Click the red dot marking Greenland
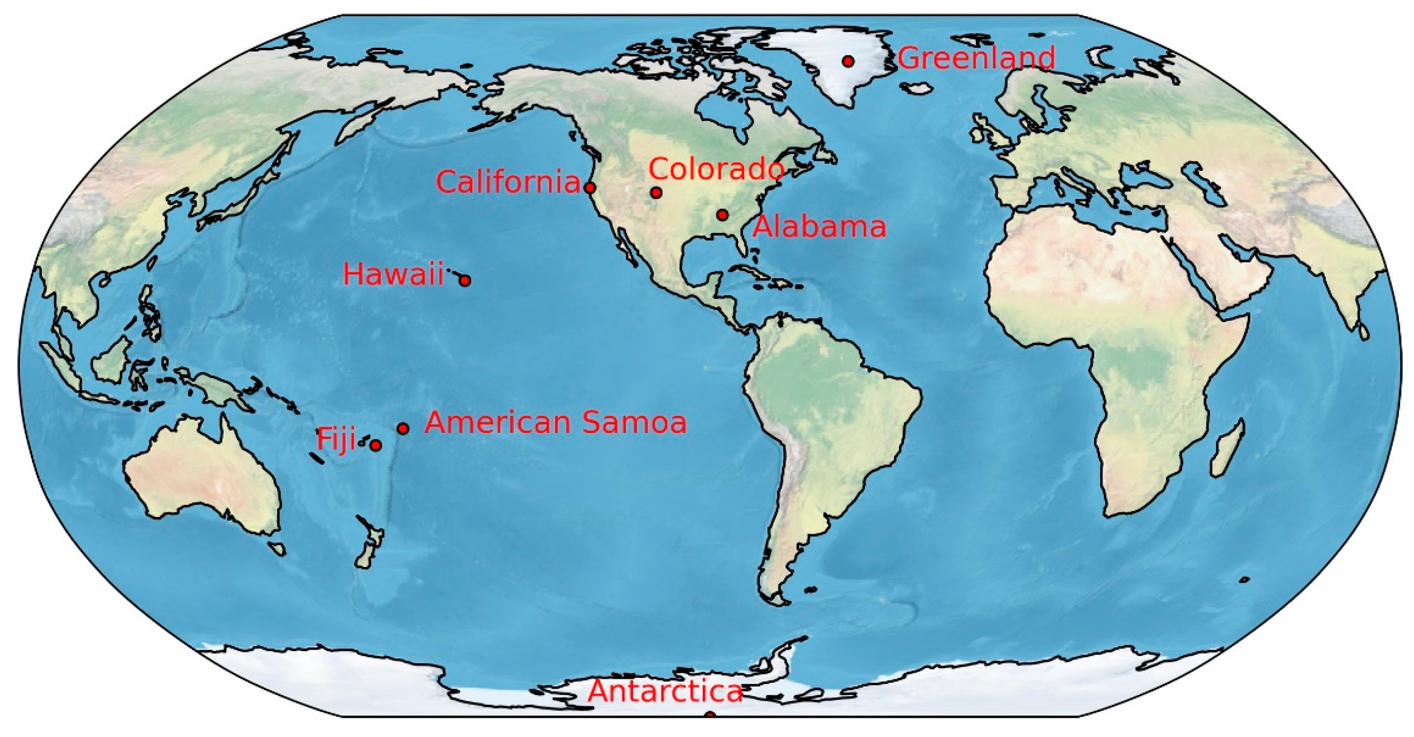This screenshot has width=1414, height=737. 848,61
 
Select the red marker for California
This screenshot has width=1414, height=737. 590,188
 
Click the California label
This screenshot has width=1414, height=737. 508,182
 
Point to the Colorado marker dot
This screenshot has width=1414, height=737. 656,193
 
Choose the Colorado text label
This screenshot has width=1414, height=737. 716,169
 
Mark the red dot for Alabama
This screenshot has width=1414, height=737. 722,215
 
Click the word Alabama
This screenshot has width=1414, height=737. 819,227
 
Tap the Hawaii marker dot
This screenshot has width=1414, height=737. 465,281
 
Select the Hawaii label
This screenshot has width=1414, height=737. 393,274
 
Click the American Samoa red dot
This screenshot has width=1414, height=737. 403,429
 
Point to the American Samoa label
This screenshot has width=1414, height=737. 556,423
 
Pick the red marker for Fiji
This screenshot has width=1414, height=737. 376,445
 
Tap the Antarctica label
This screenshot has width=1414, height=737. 665,691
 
